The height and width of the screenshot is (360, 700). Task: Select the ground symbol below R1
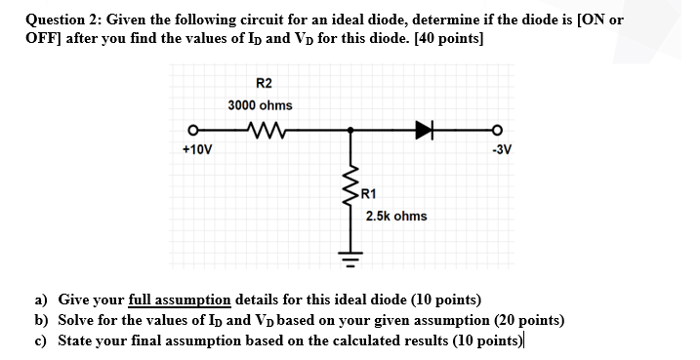(349, 256)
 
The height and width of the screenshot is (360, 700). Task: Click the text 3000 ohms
(260, 104)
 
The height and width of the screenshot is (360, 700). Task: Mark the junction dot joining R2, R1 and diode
(349, 127)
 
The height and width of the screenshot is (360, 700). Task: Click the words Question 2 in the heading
(62, 20)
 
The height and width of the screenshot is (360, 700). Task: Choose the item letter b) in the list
(41, 320)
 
